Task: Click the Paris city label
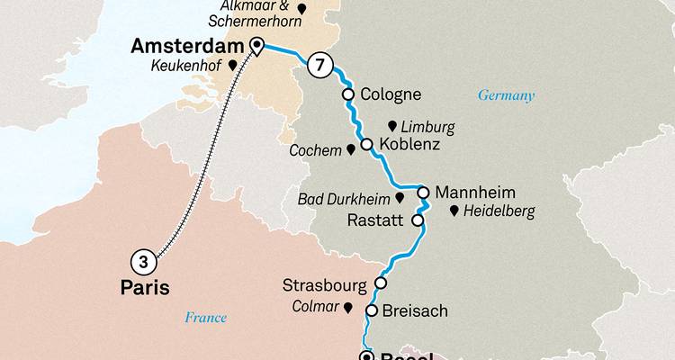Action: coord(144,288)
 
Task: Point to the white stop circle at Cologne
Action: coord(347,94)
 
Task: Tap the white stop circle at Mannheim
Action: coord(421,191)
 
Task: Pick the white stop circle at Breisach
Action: coord(371,310)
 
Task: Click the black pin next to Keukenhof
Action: coord(232,65)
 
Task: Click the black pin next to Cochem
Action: coord(350,149)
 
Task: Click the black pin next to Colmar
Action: coord(346,307)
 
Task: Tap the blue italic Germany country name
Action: coord(506,95)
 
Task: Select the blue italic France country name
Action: coord(205,317)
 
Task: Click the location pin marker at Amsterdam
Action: coord(256,46)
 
